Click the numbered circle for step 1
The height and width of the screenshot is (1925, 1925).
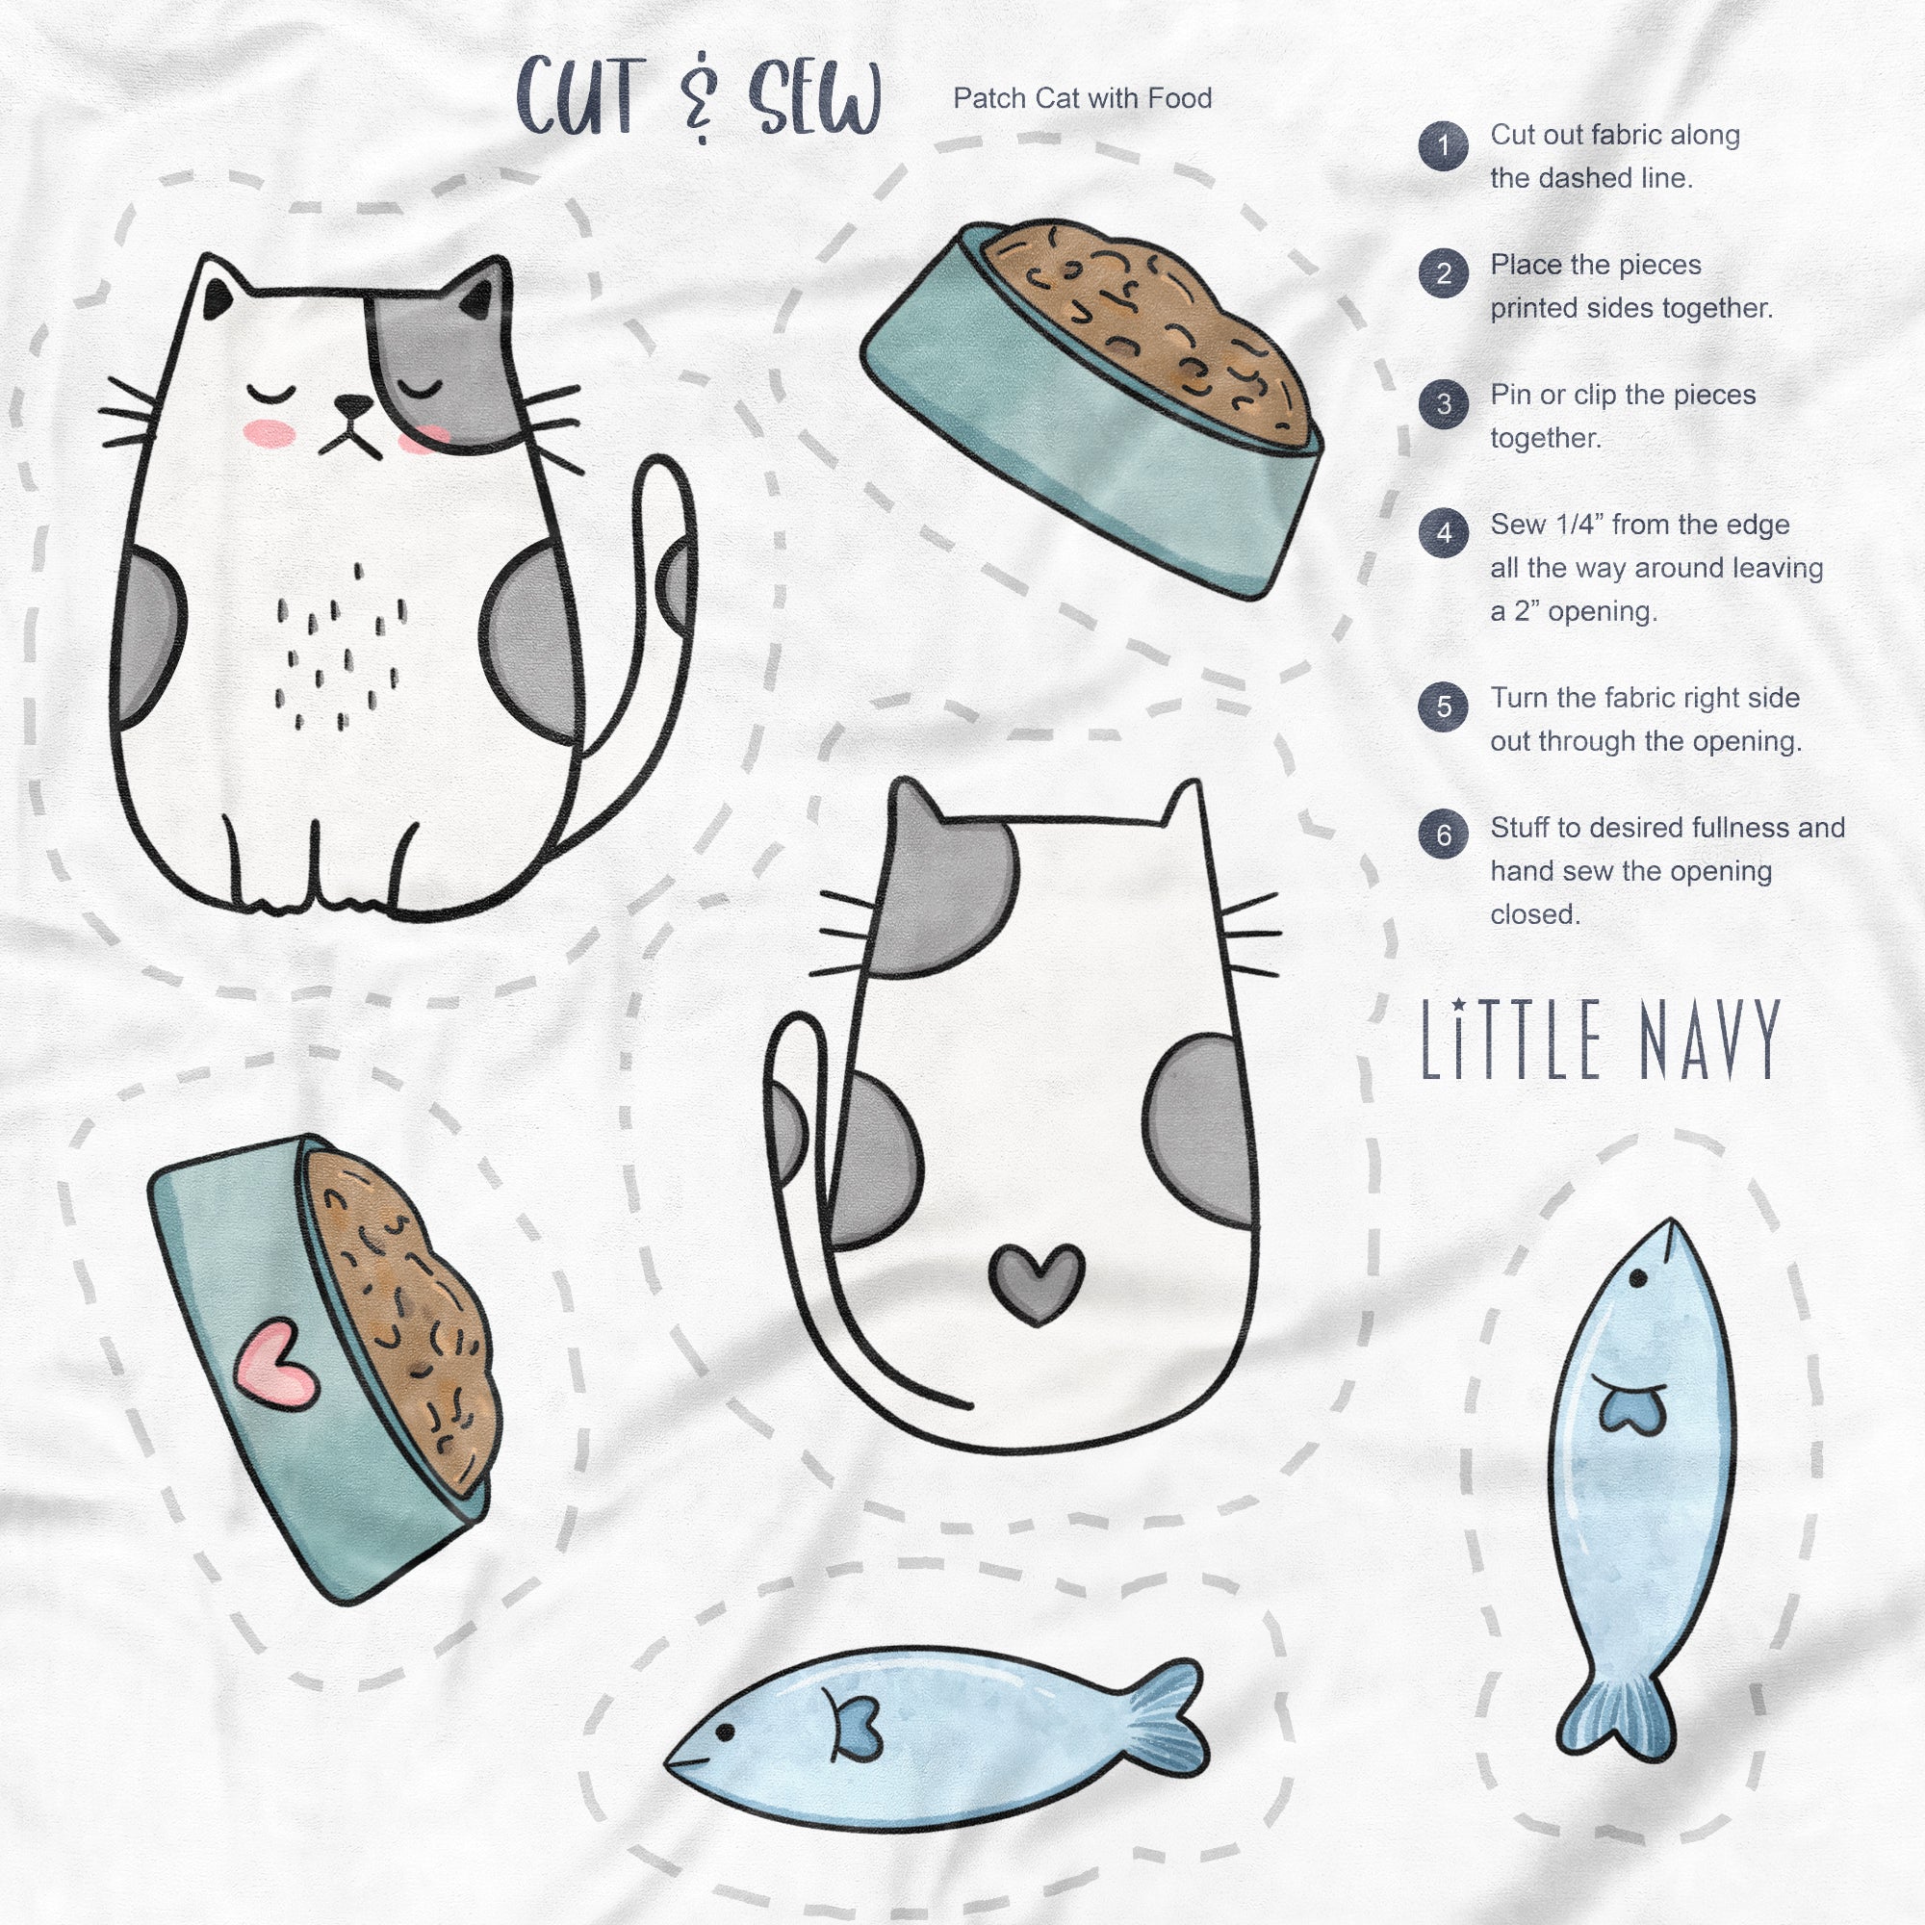pos(1443,146)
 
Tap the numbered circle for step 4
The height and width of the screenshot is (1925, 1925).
pos(1443,534)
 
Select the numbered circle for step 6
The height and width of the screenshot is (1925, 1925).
pos(1443,834)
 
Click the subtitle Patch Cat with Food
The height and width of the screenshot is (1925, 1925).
pos(1082,98)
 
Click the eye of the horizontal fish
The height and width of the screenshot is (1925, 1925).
pos(725,1732)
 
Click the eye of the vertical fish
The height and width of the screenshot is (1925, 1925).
pos(1636,1278)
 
